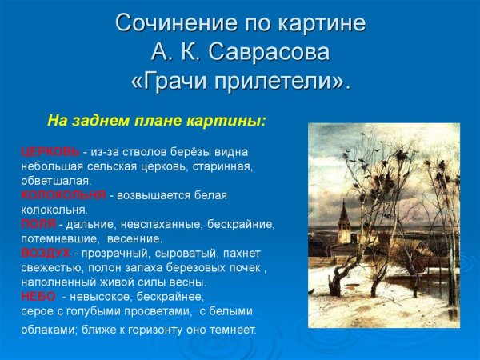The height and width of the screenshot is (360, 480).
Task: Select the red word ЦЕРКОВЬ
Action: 50,151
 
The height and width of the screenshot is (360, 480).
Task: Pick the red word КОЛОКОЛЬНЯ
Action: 63,194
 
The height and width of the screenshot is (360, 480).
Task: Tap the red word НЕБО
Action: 38,296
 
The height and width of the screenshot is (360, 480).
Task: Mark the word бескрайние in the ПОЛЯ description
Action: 239,224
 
